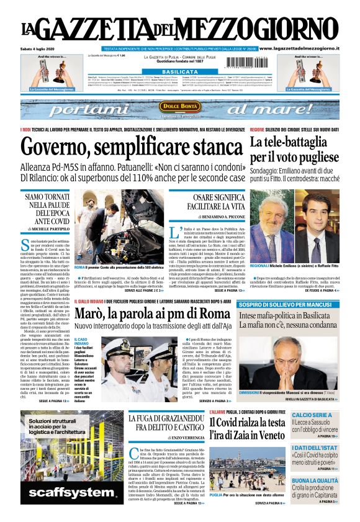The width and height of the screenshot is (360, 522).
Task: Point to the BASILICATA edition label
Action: pyautogui.click(x=179, y=72)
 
